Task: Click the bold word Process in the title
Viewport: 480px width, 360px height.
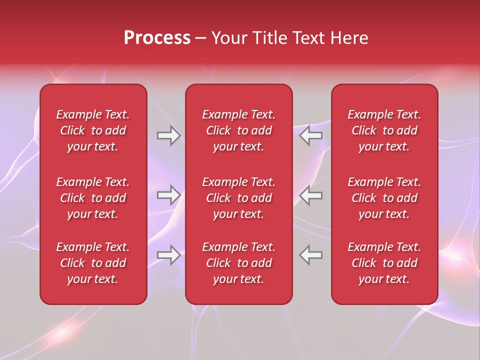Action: coord(157,38)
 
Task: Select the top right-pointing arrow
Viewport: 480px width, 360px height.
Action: coord(168,135)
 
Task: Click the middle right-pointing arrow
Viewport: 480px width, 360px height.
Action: coord(168,195)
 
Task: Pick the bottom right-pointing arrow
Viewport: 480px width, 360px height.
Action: coord(168,255)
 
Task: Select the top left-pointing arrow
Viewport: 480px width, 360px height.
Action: coord(311,135)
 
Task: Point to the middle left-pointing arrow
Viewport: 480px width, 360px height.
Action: coord(311,195)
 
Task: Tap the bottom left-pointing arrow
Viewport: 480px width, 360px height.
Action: coord(311,255)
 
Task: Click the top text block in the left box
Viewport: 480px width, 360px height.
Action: coord(93,130)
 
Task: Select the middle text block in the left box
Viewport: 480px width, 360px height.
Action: coord(93,198)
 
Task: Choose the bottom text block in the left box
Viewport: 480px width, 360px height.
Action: coord(93,263)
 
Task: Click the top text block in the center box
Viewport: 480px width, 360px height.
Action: coord(239,130)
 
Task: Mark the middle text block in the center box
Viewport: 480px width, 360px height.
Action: coord(239,198)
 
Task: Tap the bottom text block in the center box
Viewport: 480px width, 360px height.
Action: coord(239,263)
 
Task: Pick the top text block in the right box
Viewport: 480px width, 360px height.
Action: coord(384,130)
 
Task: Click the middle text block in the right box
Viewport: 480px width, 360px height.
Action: coord(384,198)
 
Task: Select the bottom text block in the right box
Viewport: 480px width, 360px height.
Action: coord(384,263)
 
